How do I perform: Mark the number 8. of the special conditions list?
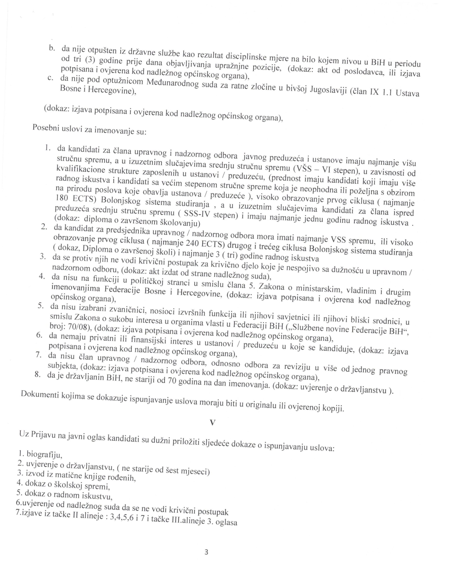38,375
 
